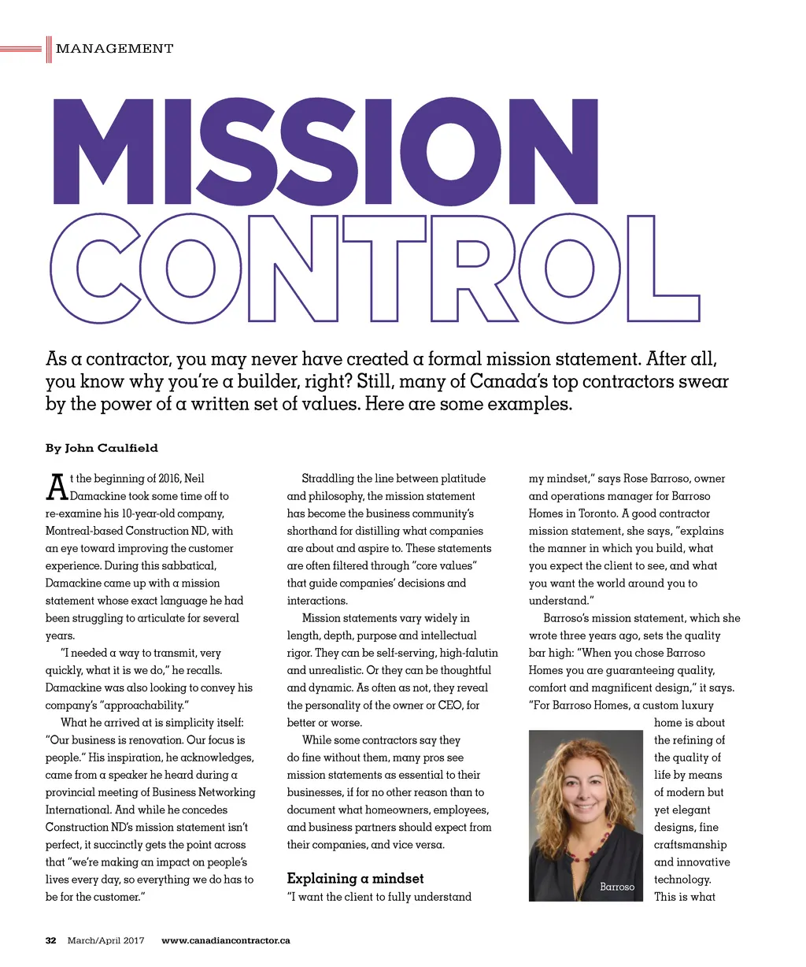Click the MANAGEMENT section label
[x=114, y=49]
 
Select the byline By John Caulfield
[x=102, y=448]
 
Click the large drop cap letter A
[x=57, y=487]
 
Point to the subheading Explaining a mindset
[x=355, y=878]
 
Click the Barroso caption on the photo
[x=617, y=887]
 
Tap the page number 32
[x=51, y=940]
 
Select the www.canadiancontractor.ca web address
[x=225, y=940]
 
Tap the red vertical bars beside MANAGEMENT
[x=49, y=49]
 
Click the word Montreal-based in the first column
[x=83, y=531]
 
